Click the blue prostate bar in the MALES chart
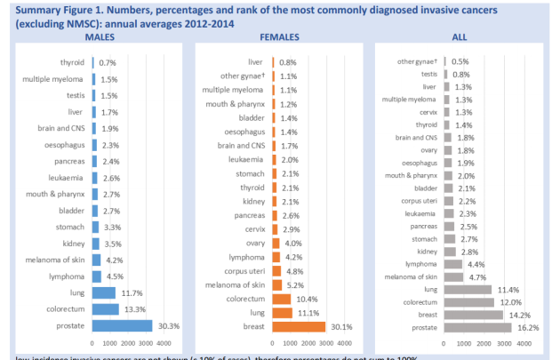tap(122, 325)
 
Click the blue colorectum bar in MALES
tap(105, 308)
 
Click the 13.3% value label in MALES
tap(136, 308)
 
